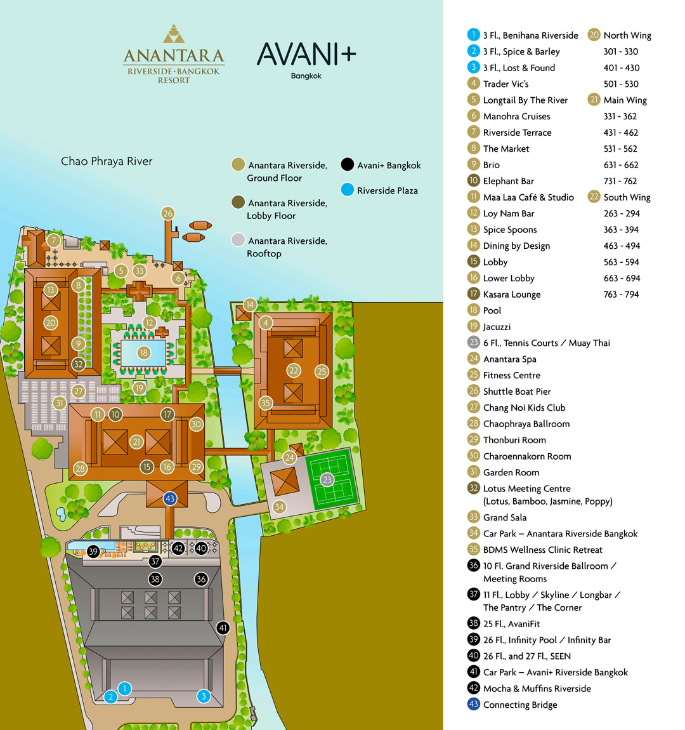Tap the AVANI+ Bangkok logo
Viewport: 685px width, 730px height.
tap(306, 59)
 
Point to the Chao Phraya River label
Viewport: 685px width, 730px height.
tap(107, 161)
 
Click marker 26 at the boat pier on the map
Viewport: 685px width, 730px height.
tap(167, 213)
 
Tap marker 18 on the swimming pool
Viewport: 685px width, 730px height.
tap(144, 353)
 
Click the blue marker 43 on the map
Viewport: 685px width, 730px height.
tap(169, 498)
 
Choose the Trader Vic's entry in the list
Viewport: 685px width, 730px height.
tap(506, 84)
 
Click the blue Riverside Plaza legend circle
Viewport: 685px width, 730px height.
tap(347, 190)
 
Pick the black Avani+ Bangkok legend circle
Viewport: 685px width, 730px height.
tap(347, 165)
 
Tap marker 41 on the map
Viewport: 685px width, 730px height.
tap(223, 628)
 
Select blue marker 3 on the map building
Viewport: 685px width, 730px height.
tap(204, 696)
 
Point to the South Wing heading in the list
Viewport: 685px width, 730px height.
tap(627, 197)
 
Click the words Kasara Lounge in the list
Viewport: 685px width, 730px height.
tap(512, 295)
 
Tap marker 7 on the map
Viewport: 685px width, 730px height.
tap(54, 241)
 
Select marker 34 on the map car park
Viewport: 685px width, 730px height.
tap(279, 507)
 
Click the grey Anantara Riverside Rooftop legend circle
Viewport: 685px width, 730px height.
tap(238, 240)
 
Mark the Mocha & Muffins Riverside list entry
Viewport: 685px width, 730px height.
tap(537, 689)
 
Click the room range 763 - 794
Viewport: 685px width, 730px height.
tap(621, 295)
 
